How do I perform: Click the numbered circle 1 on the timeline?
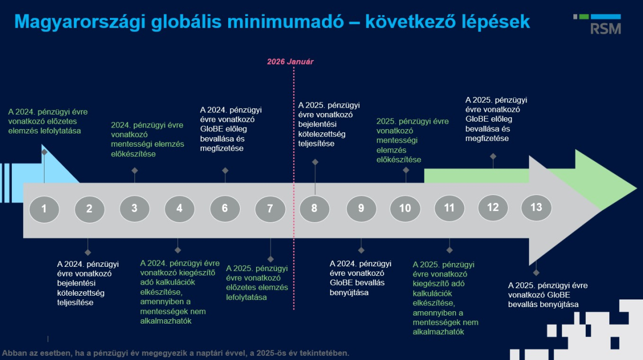coord(44,209)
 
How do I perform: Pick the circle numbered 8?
coord(315,209)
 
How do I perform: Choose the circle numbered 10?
coord(405,209)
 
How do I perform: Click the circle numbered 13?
coord(536,207)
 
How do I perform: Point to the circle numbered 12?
coord(493,207)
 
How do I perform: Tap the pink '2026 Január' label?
coord(290,62)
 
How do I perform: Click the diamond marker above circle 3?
coord(134,171)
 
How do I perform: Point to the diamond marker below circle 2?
coord(88,252)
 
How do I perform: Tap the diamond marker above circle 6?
coord(225,170)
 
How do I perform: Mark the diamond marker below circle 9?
coord(361,250)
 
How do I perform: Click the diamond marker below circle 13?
coord(536,272)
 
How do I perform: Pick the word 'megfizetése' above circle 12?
coord(487,138)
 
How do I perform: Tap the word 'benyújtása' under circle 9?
coord(349,292)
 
